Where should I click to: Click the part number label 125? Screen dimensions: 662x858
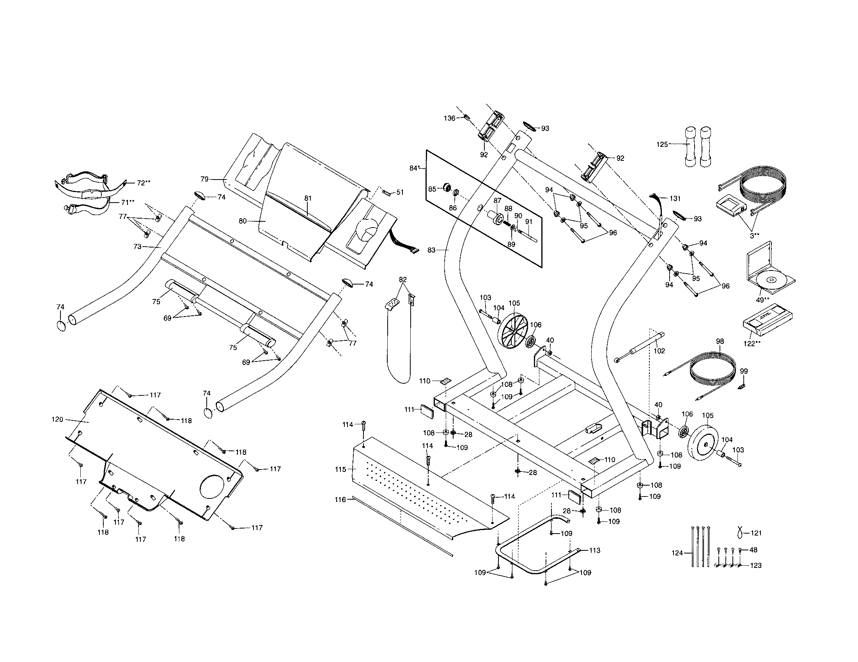pos(662,144)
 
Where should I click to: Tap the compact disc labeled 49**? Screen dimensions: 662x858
pos(771,279)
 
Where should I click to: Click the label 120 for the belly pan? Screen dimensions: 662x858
pos(57,420)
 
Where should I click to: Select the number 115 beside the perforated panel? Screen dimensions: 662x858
pos(340,470)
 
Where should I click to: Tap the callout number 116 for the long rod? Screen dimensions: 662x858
pos(340,500)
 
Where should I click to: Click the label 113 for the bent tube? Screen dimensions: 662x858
pos(594,550)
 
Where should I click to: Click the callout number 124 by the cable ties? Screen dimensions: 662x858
pos(677,553)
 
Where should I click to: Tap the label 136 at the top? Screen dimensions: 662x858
pos(450,118)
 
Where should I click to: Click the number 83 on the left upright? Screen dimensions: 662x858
pos(432,250)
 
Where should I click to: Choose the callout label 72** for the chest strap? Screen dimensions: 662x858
pos(144,183)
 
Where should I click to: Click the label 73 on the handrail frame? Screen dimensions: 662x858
pos(137,246)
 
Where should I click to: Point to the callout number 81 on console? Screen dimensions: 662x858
pos(308,199)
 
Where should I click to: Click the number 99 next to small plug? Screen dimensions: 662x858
pos(744,371)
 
